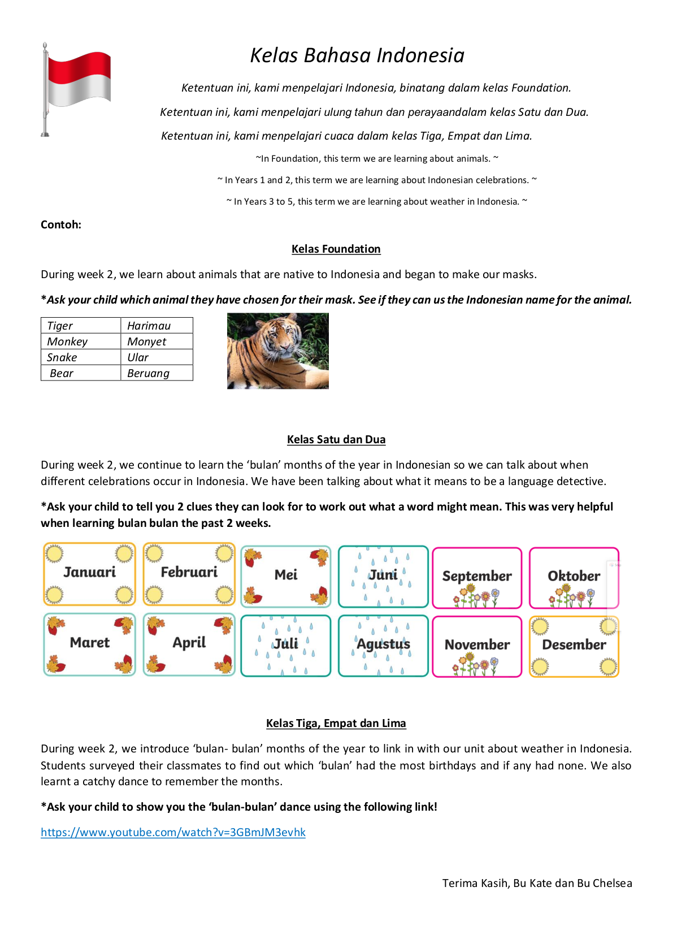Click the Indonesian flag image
point(77,89)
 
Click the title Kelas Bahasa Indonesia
point(357,55)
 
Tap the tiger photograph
point(277,351)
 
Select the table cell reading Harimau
point(157,326)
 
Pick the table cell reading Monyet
point(157,341)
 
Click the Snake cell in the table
point(80,357)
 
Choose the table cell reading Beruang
point(157,373)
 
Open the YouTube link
point(173,832)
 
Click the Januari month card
point(89,574)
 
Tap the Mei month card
point(286,576)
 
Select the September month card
point(477,578)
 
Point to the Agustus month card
point(383,645)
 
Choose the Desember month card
point(574,646)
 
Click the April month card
point(189,644)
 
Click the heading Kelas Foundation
point(336,249)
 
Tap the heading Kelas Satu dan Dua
point(336,439)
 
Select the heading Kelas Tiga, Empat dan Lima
point(336,723)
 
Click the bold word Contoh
point(60,224)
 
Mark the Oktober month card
point(574,577)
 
